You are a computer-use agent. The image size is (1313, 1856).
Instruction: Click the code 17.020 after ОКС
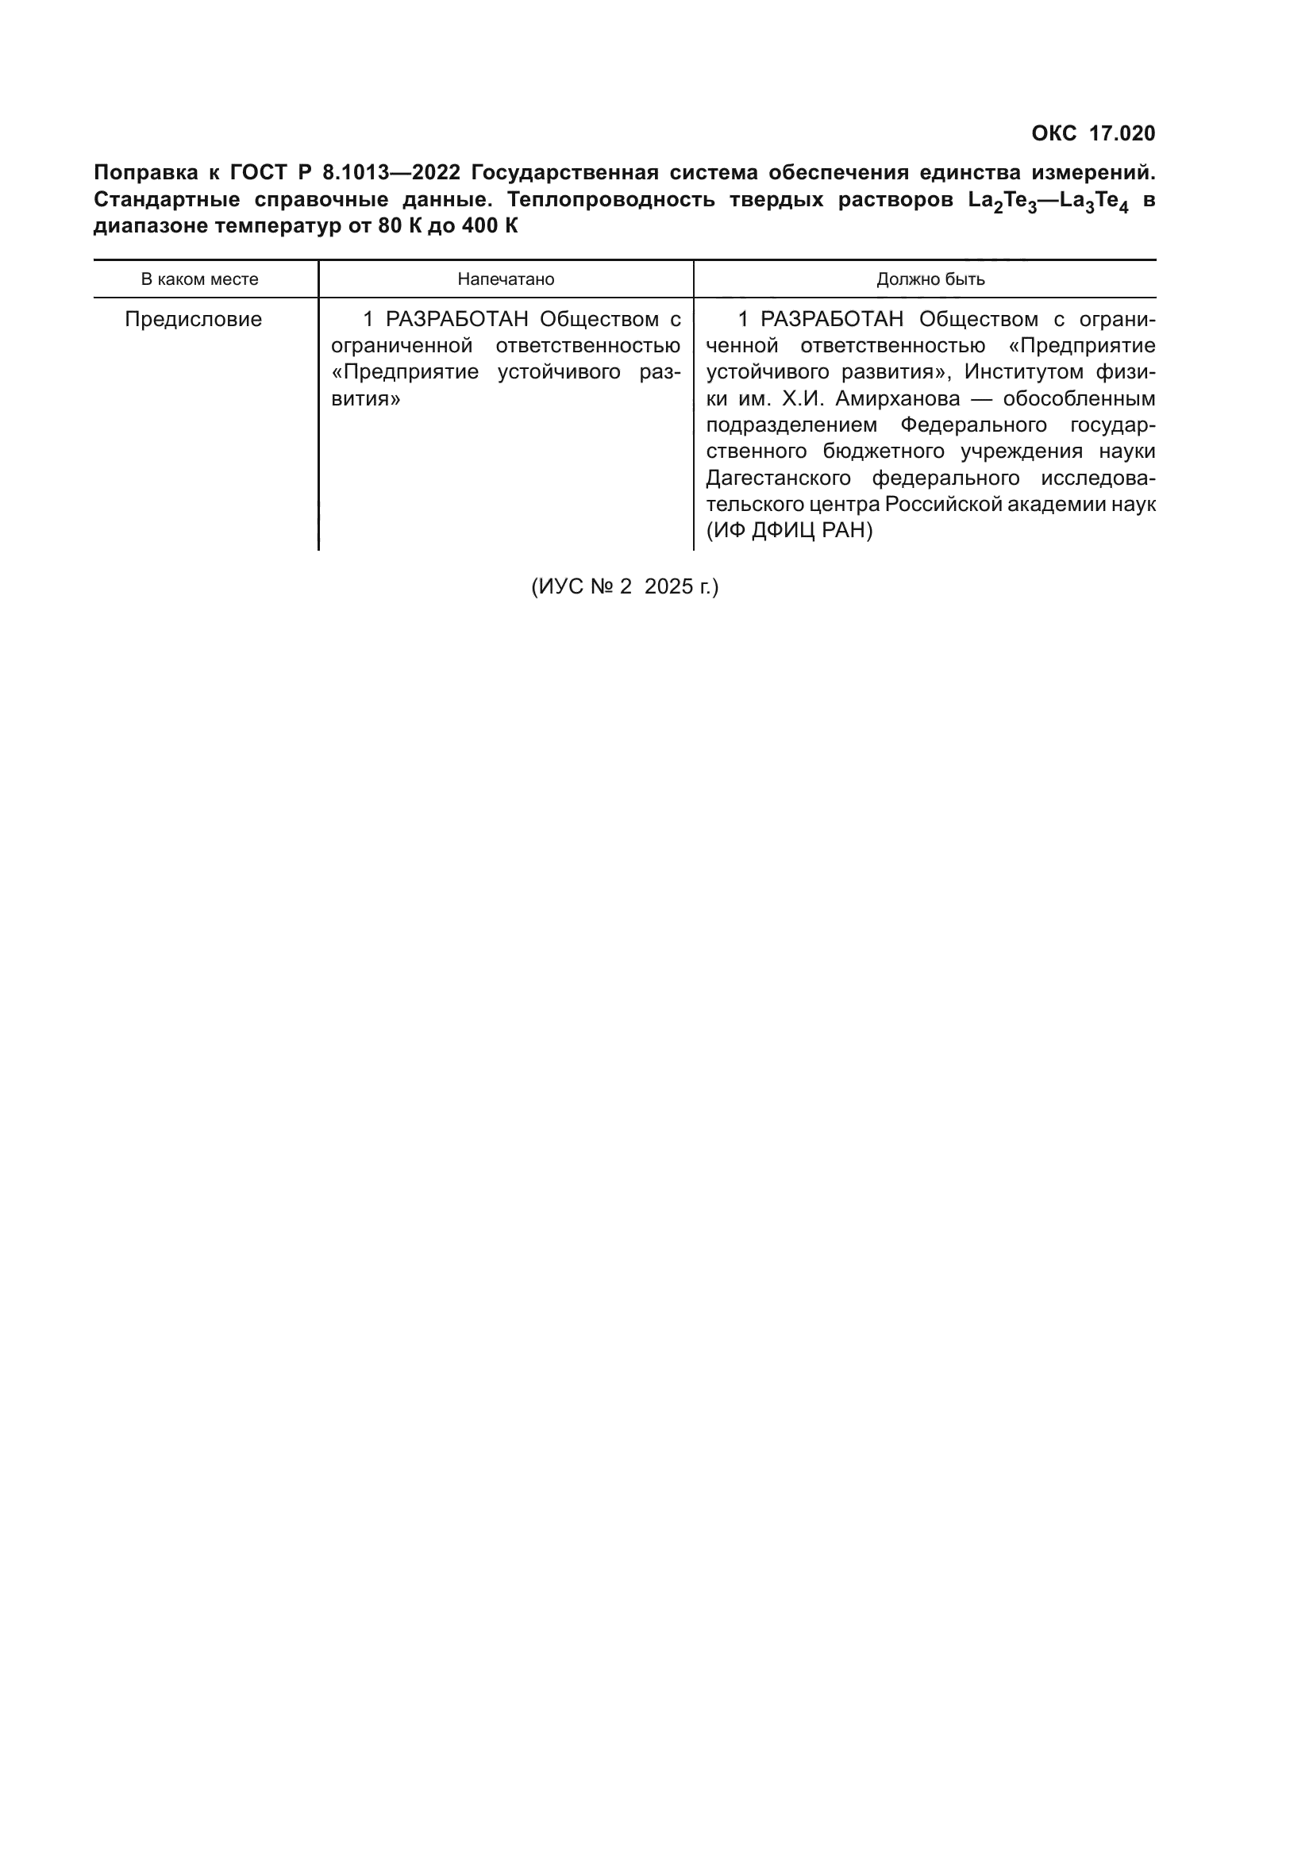pos(1122,133)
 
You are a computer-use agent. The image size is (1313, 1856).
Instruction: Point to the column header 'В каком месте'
pos(200,279)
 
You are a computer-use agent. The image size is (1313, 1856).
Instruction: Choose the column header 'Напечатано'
pos(506,279)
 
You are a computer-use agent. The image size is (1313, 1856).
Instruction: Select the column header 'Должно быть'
pos(930,279)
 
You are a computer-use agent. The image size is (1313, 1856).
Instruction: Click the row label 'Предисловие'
pos(193,319)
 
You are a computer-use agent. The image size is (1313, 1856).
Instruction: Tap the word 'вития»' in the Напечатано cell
pos(365,398)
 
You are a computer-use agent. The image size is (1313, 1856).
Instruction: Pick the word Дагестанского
pos(778,478)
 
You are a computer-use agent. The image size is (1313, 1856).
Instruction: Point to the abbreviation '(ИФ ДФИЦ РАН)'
pos(789,530)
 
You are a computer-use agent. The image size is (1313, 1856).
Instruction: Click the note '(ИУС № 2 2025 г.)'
pos(624,586)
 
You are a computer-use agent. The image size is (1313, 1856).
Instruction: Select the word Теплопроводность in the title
pos(610,200)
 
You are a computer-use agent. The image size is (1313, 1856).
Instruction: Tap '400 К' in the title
pos(489,225)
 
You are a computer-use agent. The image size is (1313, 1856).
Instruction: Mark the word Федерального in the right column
pos(973,425)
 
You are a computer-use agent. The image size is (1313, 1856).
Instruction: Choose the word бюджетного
pos(884,451)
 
